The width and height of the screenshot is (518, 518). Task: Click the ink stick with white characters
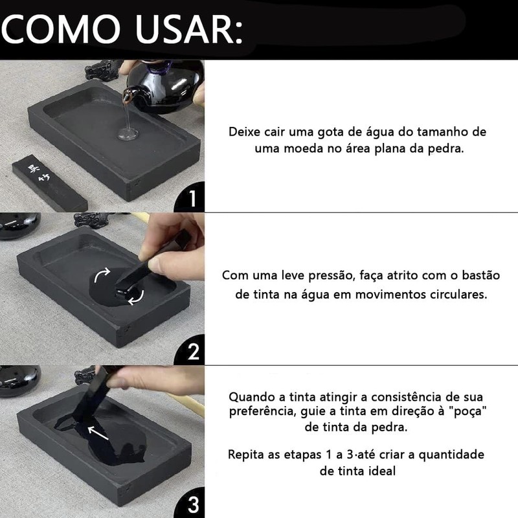(50, 183)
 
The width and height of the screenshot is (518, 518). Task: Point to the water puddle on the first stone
(128, 133)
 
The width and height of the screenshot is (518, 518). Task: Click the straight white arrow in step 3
(98, 433)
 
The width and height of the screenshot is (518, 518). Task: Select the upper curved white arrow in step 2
(101, 274)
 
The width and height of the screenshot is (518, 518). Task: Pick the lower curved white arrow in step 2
(137, 297)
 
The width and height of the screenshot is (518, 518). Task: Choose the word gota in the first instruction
(332, 132)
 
